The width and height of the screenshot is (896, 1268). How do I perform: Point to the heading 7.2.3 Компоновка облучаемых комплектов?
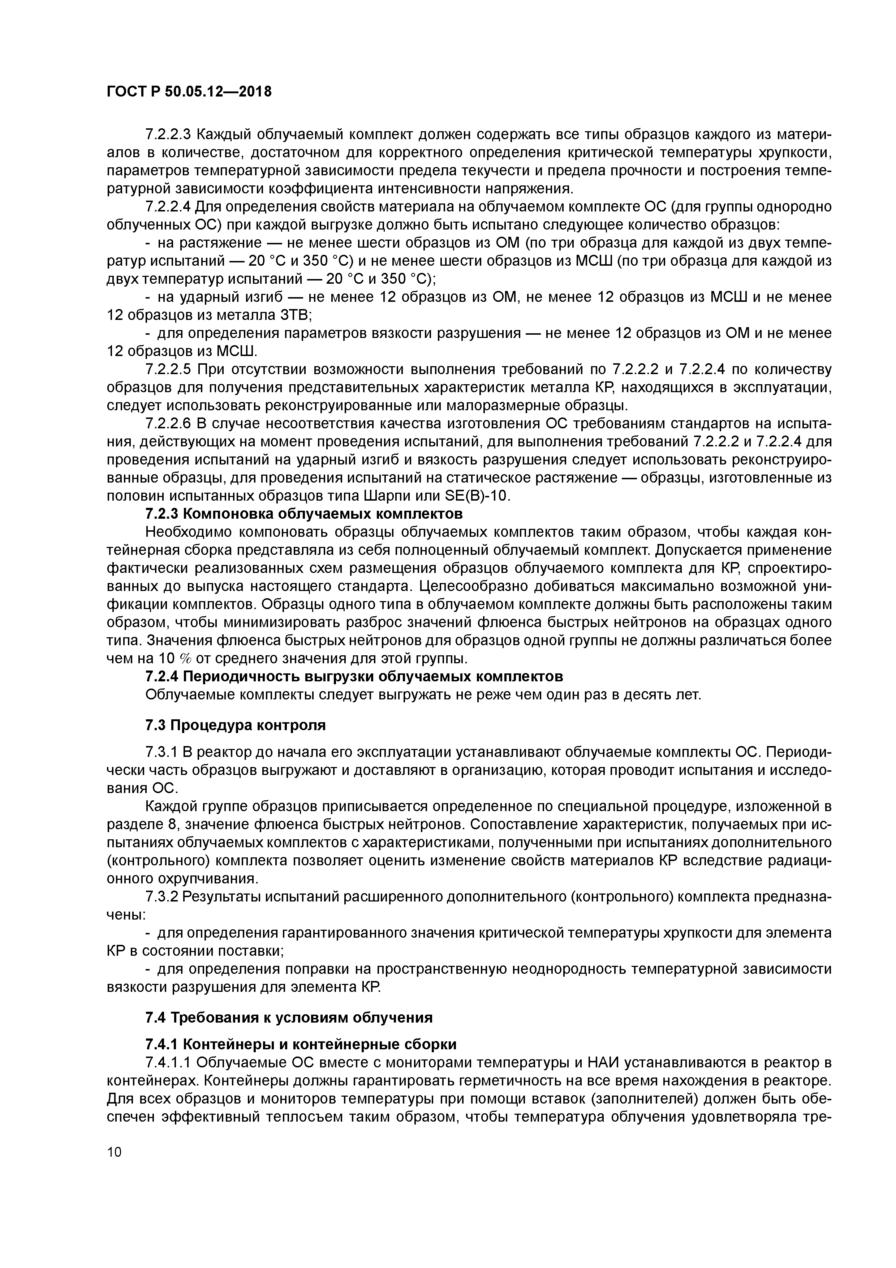pyautogui.click(x=303, y=514)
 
